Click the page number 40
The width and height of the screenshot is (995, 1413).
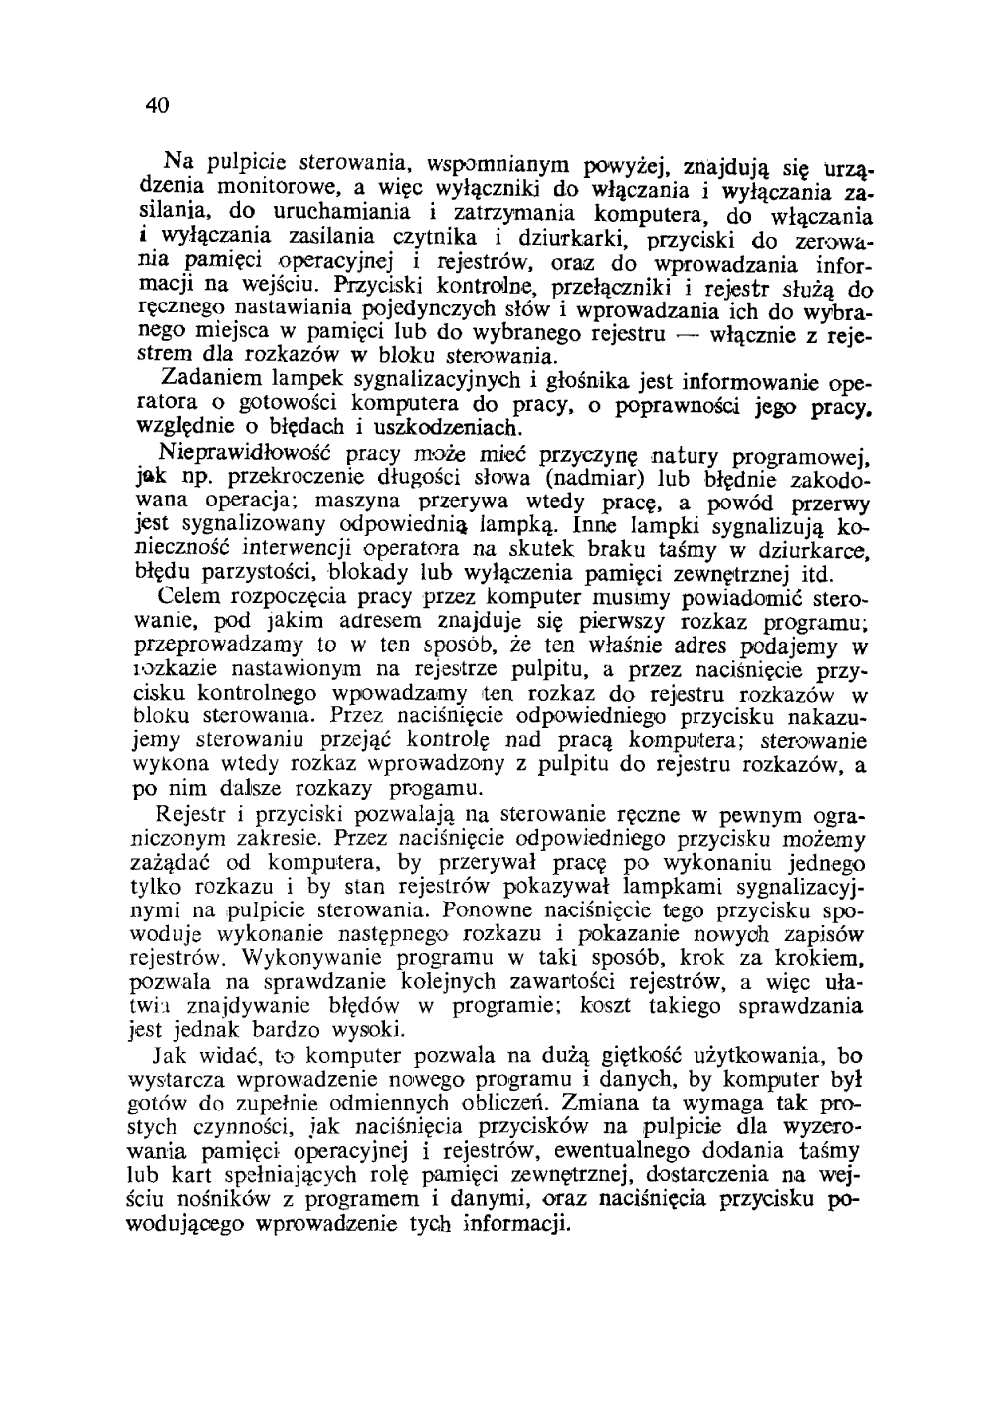click(x=156, y=104)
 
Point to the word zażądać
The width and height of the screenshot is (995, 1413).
click(x=167, y=860)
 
